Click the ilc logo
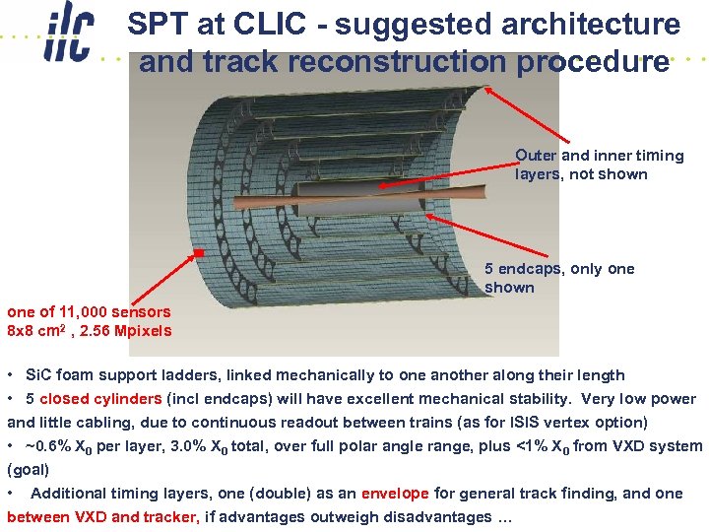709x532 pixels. click(68, 37)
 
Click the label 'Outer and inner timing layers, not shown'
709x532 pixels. click(598, 165)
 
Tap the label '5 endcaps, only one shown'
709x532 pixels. click(558, 278)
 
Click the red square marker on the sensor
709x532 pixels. click(198, 253)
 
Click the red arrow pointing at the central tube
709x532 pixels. click(443, 173)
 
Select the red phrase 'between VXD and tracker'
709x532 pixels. click(103, 517)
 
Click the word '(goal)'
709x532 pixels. click(28, 470)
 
